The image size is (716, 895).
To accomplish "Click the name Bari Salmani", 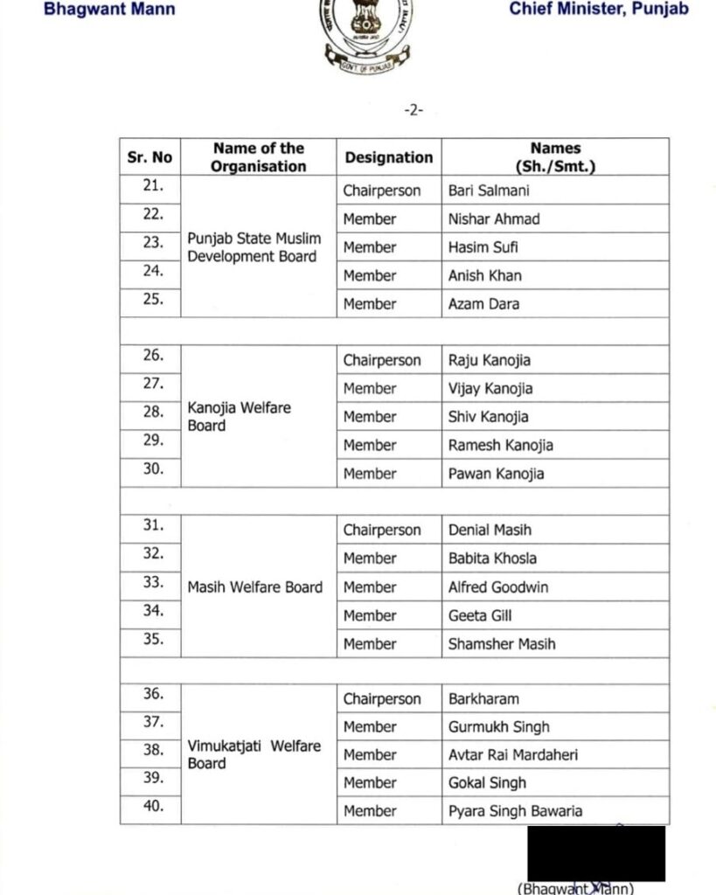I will (489, 191).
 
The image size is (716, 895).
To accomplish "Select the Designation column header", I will (388, 157).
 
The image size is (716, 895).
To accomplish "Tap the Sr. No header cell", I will (150, 157).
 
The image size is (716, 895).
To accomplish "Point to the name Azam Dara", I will (483, 304).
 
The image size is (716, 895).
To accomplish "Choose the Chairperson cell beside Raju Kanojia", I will (381, 360).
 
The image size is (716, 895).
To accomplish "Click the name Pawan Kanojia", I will (496, 474).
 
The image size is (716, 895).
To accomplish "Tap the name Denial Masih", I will (490, 530).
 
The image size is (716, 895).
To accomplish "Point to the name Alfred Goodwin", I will (498, 587).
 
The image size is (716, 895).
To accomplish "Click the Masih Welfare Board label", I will (255, 587).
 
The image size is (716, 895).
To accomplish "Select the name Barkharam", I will (483, 699).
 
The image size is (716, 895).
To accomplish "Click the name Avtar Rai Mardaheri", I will (512, 754).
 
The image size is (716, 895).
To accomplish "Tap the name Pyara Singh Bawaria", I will (515, 811).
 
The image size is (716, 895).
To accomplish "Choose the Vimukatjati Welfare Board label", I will (254, 754).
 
